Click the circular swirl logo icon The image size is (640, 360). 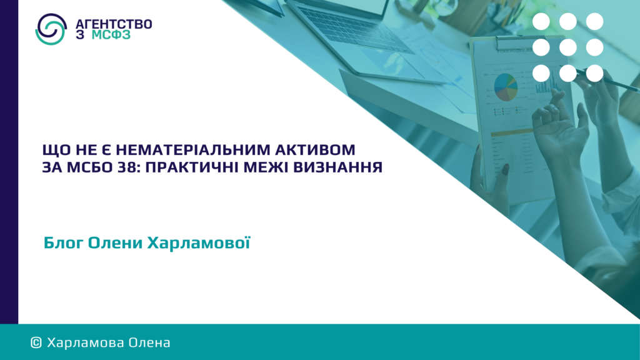(x=51, y=29)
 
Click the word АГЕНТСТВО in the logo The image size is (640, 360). (x=114, y=24)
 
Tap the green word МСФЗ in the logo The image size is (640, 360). (x=111, y=35)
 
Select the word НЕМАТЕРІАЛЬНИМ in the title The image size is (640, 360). (x=193, y=150)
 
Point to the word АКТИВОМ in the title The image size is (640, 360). (x=315, y=150)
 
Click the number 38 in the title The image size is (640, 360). (x=127, y=167)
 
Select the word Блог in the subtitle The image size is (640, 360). (x=64, y=243)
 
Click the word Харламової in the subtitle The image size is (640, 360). (x=198, y=242)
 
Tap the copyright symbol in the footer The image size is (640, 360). (x=36, y=343)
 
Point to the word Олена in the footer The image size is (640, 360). (x=149, y=343)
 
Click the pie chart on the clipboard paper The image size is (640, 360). (x=506, y=87)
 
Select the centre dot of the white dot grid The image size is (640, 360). (x=567, y=47)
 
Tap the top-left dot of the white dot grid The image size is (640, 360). (x=541, y=22)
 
